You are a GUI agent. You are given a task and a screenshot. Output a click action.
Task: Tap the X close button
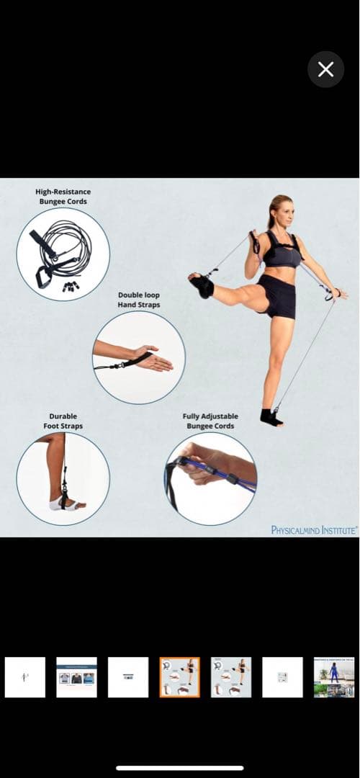coord(325,69)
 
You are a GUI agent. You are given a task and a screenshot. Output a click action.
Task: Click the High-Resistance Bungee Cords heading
coord(63,197)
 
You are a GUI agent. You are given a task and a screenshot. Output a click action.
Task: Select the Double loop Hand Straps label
coord(139,300)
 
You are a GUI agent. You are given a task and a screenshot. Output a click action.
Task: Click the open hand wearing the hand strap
coord(154,358)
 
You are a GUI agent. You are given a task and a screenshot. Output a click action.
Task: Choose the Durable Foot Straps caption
coord(63,421)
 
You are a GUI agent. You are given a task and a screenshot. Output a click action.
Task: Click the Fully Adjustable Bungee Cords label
coord(210,421)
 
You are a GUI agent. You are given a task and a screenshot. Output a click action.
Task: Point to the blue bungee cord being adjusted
coord(218,475)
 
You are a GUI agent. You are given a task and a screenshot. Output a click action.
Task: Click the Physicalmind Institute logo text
coord(314,530)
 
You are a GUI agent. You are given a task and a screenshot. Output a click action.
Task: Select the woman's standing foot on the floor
coord(271,418)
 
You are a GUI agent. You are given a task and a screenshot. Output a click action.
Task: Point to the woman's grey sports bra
coord(282,253)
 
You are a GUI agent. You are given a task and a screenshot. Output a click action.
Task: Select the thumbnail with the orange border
coord(179,677)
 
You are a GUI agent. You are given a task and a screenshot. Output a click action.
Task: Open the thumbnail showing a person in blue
coord(333,677)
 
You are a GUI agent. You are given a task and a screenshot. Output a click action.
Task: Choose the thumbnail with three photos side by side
coord(76,677)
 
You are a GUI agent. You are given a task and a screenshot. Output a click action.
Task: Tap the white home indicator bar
coord(180,768)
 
